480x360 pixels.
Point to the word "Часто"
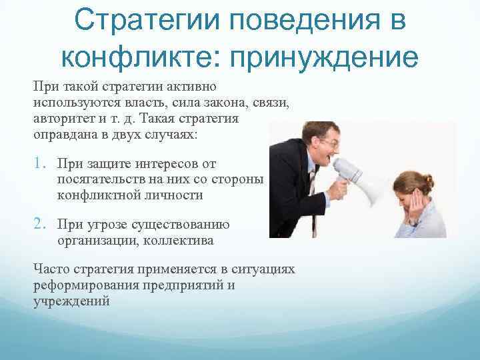(50, 269)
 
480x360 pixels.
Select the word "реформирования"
(84, 285)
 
